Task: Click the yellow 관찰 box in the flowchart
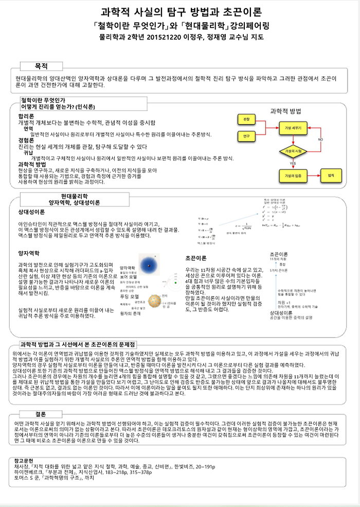click(246, 119)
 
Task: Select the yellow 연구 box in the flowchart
click(246, 136)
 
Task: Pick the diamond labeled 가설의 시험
click(292, 150)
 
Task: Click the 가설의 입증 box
click(292, 176)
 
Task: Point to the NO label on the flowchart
click(320, 139)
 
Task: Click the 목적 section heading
click(41, 66)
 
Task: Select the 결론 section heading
click(41, 414)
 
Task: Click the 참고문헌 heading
click(27, 460)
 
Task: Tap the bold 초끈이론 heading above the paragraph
click(196, 258)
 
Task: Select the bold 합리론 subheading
click(26, 116)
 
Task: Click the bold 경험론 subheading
click(26, 140)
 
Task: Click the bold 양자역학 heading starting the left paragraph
click(29, 253)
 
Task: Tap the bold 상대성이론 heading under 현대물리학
click(31, 211)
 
